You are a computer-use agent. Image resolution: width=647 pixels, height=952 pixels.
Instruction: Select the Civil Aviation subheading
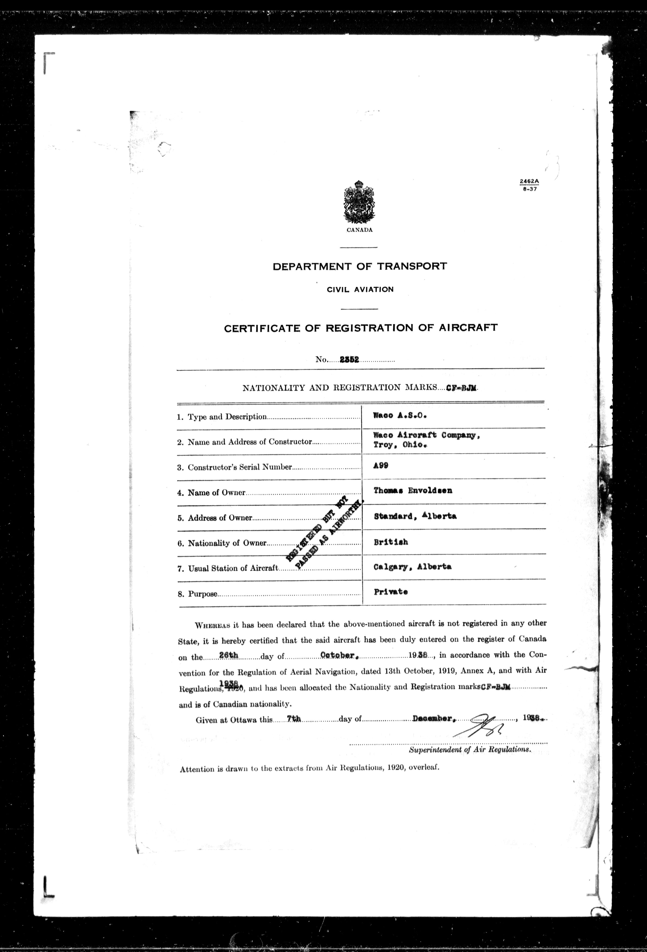pos(360,289)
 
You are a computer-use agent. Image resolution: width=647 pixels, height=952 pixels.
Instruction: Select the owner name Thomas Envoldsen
pos(413,490)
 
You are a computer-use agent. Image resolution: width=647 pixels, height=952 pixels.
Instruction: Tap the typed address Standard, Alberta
pos(415,516)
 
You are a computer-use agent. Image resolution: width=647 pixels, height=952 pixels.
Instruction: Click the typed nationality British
pos(391,542)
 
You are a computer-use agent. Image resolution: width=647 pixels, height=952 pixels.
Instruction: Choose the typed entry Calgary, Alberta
pos(412,567)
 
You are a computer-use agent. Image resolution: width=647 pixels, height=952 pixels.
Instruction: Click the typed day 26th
pos(229,655)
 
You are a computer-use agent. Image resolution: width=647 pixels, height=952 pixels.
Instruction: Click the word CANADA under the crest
pos(359,230)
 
